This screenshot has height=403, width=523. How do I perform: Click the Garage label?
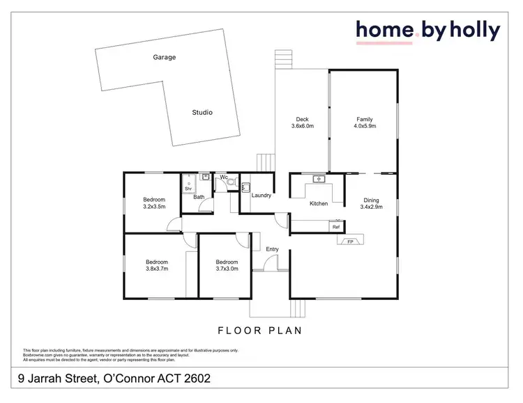[165, 58]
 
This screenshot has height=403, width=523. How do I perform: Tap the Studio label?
[202, 112]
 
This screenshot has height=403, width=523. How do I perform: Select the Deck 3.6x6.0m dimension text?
[303, 127]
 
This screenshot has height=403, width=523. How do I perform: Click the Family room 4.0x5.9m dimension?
[365, 127]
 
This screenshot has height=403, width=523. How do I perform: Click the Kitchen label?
[319, 203]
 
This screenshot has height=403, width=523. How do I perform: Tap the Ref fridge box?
[335, 227]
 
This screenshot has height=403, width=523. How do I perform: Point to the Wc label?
[224, 177]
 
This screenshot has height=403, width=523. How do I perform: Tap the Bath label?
[199, 197]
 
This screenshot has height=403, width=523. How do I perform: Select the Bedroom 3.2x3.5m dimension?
[154, 207]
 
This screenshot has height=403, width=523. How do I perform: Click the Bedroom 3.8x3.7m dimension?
[157, 269]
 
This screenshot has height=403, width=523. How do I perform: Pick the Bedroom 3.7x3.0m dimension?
[227, 269]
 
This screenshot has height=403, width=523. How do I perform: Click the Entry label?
[272, 249]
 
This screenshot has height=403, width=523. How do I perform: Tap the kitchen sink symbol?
[320, 180]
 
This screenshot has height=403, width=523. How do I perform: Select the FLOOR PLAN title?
[260, 331]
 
